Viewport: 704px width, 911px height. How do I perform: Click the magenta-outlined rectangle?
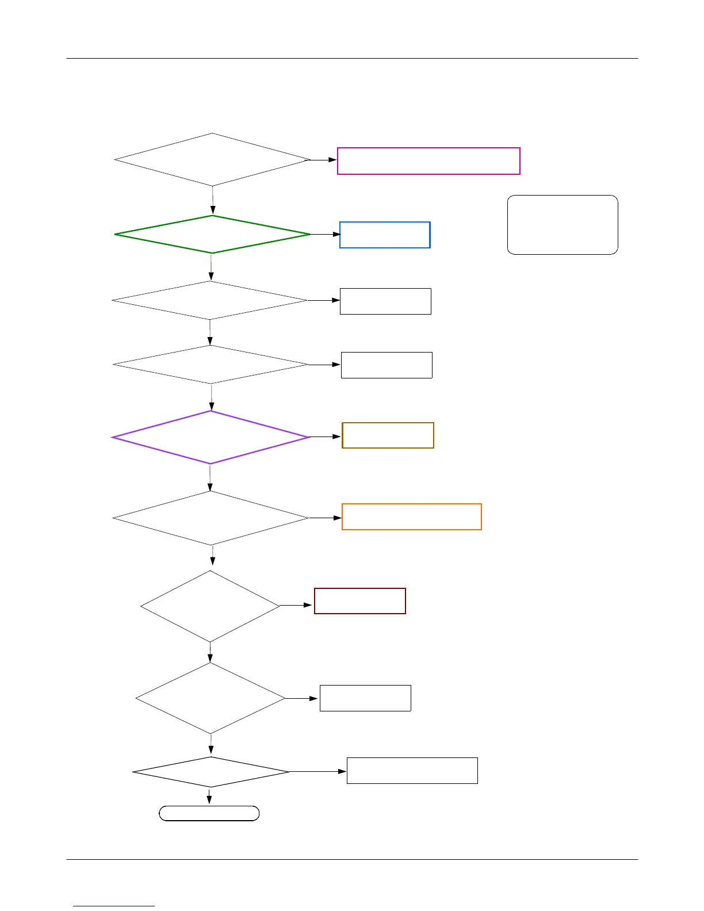click(428, 161)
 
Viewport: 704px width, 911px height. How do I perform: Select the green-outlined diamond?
click(212, 234)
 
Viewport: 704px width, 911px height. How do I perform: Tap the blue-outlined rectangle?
click(385, 235)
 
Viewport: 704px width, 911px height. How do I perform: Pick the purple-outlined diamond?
click(211, 437)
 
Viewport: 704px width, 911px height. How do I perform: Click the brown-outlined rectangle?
click(388, 435)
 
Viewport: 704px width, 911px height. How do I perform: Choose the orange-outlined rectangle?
click(411, 516)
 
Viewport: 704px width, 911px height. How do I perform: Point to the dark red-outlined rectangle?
click(359, 601)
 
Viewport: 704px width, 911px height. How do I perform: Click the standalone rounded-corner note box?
click(563, 225)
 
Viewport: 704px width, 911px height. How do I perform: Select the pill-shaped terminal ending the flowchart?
click(209, 813)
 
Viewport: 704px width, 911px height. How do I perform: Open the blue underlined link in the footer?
click(114, 906)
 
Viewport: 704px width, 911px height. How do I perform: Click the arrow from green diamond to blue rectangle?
click(325, 235)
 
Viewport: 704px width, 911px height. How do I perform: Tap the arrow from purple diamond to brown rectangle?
click(326, 437)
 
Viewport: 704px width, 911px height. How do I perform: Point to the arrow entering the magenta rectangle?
click(324, 160)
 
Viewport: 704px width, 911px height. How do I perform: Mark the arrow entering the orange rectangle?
click(326, 518)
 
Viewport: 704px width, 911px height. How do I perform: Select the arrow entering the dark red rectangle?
click(297, 605)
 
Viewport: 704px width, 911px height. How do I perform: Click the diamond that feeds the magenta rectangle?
click(212, 160)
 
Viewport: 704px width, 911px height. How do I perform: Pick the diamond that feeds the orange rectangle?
click(211, 518)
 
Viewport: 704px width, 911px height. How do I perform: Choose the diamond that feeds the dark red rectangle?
click(210, 606)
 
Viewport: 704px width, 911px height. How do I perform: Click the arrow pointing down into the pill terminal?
click(209, 797)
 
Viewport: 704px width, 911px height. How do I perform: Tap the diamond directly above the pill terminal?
click(211, 772)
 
